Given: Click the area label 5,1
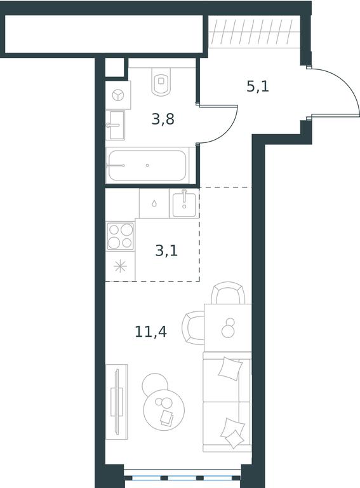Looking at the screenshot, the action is coord(257,86).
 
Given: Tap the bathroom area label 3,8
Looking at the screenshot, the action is coord(163,119).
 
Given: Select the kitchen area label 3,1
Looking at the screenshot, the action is coord(166,250).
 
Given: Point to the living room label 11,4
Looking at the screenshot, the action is coord(150,332).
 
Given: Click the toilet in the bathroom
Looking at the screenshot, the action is coord(161,81).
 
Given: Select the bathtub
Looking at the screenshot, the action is coord(147,166).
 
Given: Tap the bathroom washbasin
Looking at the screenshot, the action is coord(116,125).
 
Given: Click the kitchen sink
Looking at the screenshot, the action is coord(184,203).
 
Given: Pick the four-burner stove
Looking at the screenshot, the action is coord(120,236).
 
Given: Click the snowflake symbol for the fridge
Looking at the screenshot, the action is coord(120,266).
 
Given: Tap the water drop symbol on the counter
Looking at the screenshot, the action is coord(154,204).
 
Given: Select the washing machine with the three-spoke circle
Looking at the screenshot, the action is coord(118,95).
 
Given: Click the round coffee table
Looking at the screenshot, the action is coord(164,410).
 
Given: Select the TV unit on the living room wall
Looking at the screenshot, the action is coord(117,402).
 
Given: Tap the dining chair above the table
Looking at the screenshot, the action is coord(228,292).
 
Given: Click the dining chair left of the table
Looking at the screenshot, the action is coord(194,327).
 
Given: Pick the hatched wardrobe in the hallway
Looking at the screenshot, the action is coord(254,32).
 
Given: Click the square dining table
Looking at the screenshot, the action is coord(227,328).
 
